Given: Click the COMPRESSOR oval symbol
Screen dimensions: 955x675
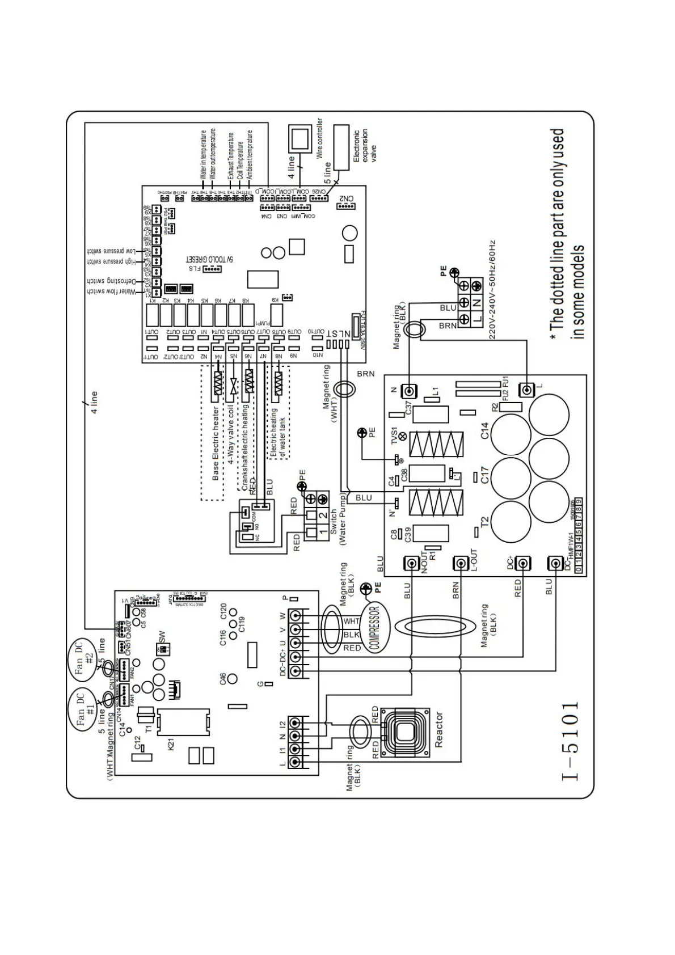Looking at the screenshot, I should coord(374,629).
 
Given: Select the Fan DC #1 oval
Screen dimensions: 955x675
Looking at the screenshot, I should coord(86,711).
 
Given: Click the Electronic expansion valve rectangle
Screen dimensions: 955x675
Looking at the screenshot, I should coord(341,146).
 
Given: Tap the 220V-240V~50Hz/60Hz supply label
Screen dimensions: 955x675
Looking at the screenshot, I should coord(492,289).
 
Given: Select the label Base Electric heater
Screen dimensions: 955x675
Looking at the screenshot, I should coord(216,443).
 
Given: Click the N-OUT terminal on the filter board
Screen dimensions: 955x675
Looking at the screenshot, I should coord(411,563).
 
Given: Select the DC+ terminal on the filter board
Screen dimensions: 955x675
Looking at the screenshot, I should coord(523,563).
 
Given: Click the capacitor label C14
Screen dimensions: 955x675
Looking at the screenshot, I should coord(484,430).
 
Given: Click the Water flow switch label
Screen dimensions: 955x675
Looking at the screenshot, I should coord(111,291).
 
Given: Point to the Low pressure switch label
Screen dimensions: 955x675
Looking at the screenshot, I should coord(111,251).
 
